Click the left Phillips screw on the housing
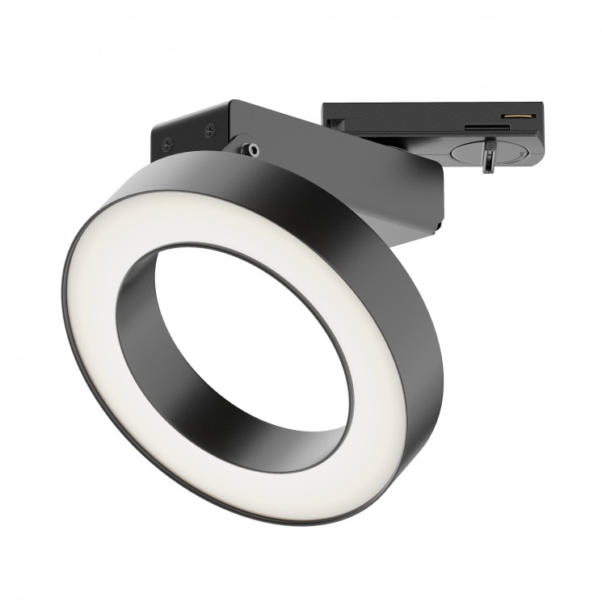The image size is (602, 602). click(x=167, y=145)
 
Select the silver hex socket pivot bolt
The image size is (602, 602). click(x=254, y=149)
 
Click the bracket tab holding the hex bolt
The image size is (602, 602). click(x=242, y=145)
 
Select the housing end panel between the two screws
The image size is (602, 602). click(x=187, y=135)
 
